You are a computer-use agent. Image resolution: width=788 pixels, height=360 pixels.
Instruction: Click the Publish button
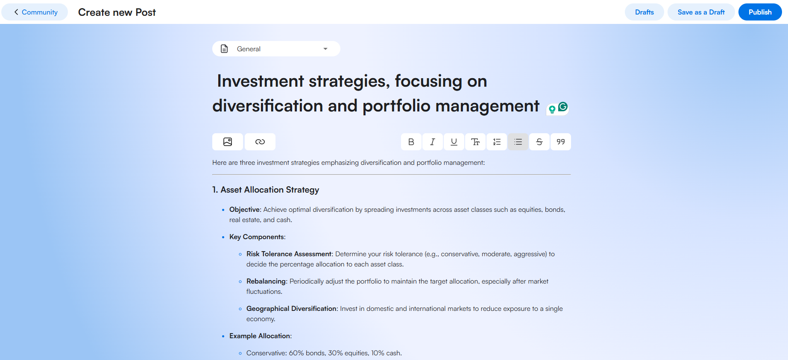pyautogui.click(x=760, y=12)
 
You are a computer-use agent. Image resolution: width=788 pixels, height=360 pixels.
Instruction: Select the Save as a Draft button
pyautogui.click(x=701, y=12)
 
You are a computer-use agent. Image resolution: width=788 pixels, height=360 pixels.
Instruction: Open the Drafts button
pyautogui.click(x=644, y=12)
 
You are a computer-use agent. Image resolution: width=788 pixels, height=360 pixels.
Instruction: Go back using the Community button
pyautogui.click(x=35, y=12)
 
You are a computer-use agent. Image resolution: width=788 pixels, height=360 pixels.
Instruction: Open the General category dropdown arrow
pyautogui.click(x=325, y=49)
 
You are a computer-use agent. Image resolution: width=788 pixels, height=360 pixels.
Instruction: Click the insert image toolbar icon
pyautogui.click(x=228, y=142)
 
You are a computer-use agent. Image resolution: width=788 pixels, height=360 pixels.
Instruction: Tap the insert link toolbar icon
pyautogui.click(x=260, y=142)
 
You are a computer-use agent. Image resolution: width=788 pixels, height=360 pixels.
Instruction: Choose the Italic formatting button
pyautogui.click(x=433, y=142)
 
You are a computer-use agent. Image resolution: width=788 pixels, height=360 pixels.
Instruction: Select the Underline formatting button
pyautogui.click(x=454, y=142)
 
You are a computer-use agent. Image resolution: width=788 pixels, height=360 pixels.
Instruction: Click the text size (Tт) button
pyautogui.click(x=475, y=142)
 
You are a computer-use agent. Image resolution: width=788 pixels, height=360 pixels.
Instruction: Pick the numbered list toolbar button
pyautogui.click(x=497, y=142)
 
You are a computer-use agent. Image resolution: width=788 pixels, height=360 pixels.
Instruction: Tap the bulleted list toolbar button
pyautogui.click(x=518, y=142)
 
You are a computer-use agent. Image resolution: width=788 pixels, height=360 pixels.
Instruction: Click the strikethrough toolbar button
pyautogui.click(x=539, y=142)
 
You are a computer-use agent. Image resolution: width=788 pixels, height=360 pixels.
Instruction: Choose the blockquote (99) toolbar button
pyautogui.click(x=561, y=142)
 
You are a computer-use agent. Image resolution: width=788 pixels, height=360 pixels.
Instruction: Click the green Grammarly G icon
pyautogui.click(x=563, y=107)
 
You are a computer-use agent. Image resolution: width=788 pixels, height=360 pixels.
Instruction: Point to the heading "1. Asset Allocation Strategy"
pyautogui.click(x=266, y=190)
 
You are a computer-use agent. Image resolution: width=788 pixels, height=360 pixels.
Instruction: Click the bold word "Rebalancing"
pyautogui.click(x=266, y=281)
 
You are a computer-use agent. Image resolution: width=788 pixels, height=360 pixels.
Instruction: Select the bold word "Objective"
pyautogui.click(x=245, y=210)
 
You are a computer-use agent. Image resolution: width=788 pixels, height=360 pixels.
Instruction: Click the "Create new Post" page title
pyautogui.click(x=117, y=12)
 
